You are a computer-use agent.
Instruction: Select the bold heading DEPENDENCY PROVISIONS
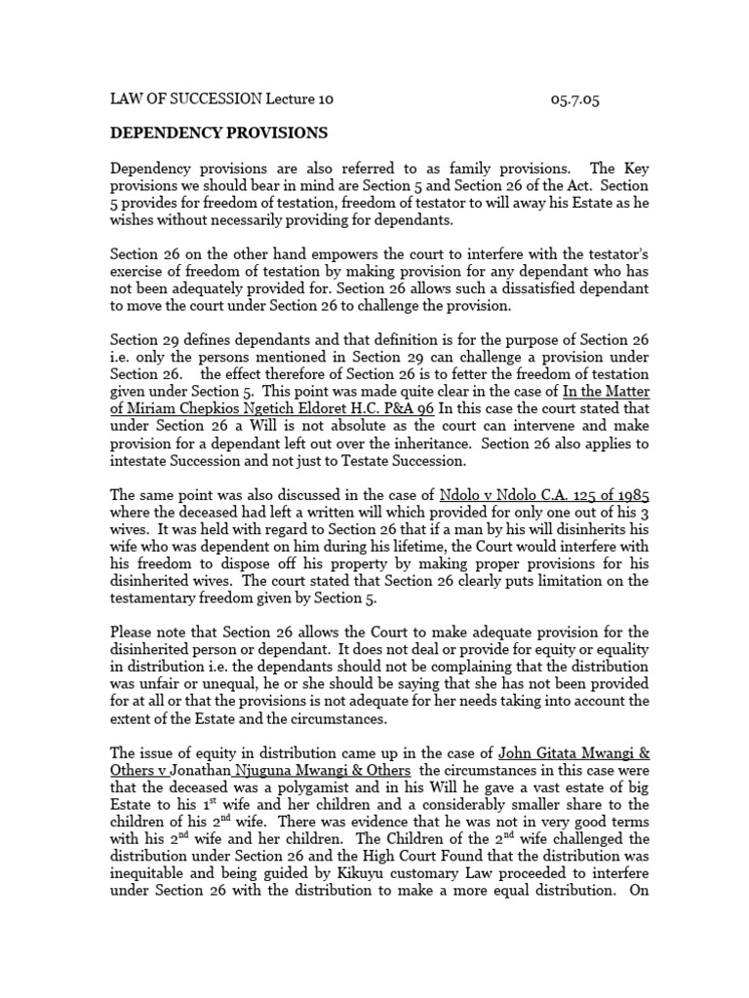pyautogui.click(x=218, y=132)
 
